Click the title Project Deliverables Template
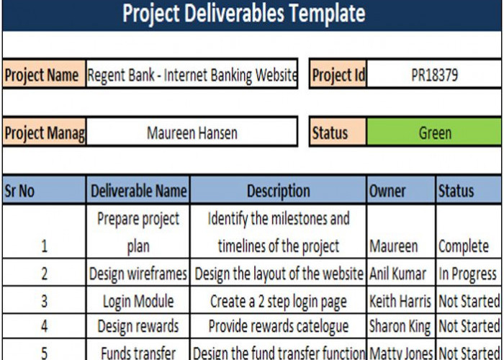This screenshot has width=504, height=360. tap(243, 14)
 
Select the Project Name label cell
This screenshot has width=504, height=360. tap(42, 76)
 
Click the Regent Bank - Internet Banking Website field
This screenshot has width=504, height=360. tap(192, 76)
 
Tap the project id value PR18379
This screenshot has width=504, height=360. tap(434, 76)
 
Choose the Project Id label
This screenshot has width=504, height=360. tap(338, 76)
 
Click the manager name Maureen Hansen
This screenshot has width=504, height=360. tap(192, 133)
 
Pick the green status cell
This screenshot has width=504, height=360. tap(434, 133)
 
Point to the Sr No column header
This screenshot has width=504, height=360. tap(42, 191)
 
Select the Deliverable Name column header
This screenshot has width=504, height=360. tap(138, 191)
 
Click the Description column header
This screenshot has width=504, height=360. tap(278, 191)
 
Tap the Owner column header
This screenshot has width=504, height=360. tap(400, 191)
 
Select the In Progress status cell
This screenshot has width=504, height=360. tap(467, 274)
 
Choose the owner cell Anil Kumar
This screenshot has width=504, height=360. tap(400, 274)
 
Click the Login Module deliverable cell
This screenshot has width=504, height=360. tap(138, 300)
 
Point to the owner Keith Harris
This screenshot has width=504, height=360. tap(400, 300)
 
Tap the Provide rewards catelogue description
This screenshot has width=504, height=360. tap(278, 326)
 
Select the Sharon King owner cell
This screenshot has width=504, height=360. tap(400, 326)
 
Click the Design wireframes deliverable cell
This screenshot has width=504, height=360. tap(138, 274)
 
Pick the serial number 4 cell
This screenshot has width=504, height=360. tap(44, 326)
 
